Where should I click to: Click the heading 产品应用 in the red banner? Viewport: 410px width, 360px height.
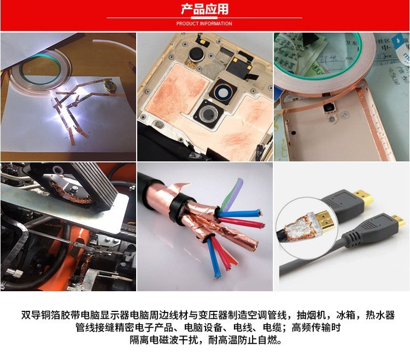click(204, 9)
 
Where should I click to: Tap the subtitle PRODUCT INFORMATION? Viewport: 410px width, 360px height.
click(204, 23)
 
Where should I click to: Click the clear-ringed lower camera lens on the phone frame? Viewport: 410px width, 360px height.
click(209, 114)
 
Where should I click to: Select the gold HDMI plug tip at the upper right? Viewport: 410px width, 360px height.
click(364, 198)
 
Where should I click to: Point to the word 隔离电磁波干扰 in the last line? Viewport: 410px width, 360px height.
click(164, 340)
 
